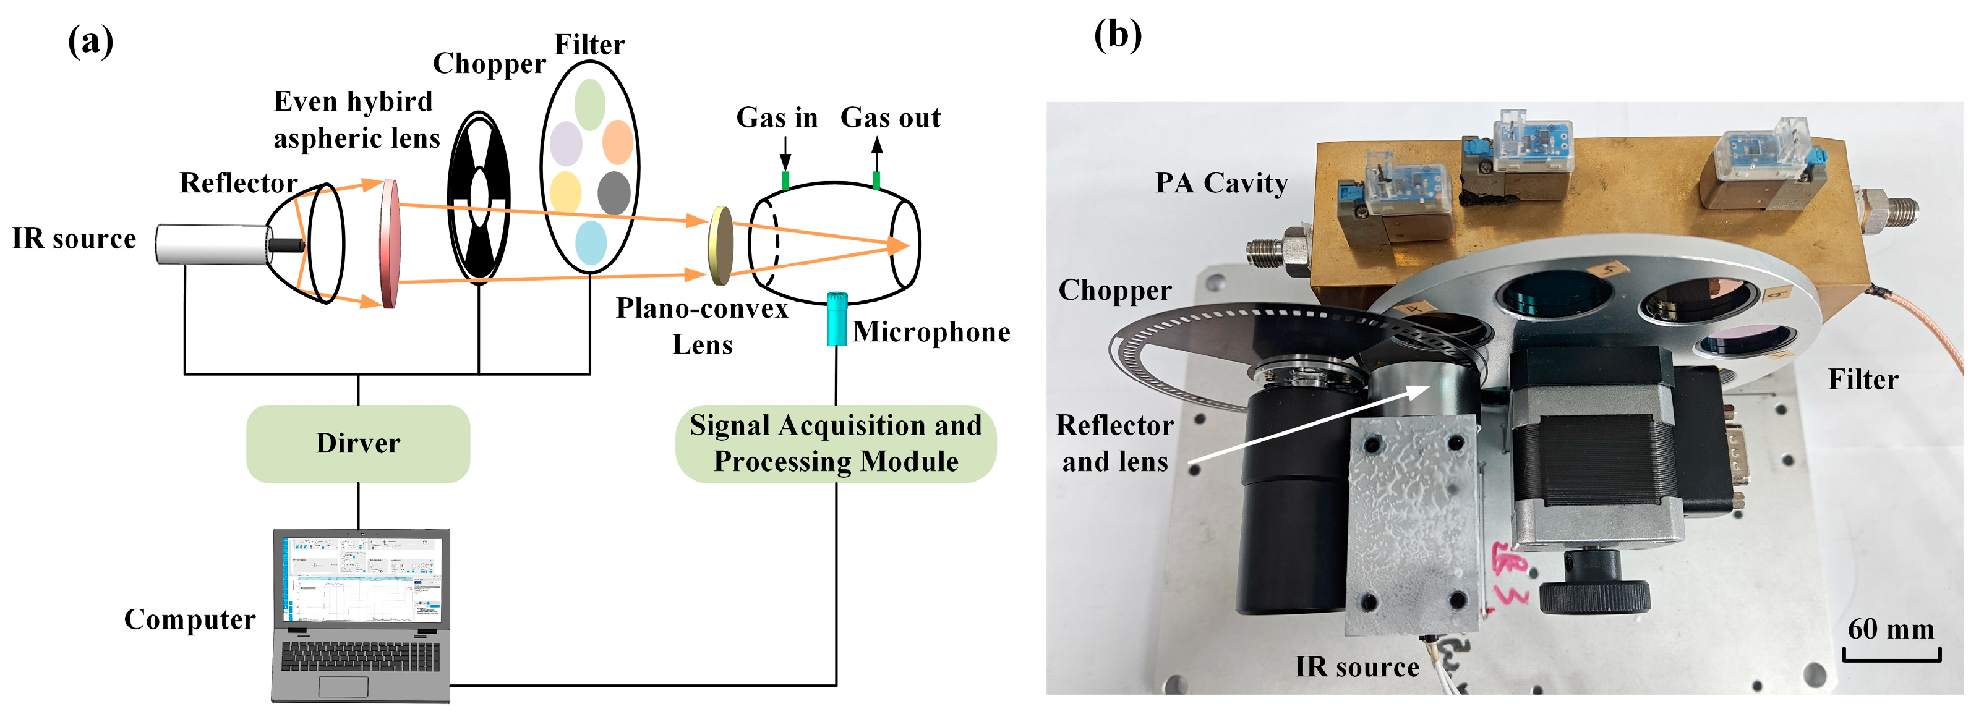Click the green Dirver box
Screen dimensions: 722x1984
tap(357, 443)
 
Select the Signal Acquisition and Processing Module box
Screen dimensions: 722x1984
tap(835, 443)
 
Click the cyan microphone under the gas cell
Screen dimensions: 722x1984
tap(836, 319)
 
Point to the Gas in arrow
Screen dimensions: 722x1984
tap(785, 153)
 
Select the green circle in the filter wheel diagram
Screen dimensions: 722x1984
tap(589, 104)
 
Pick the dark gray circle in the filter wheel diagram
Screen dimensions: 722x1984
tap(614, 192)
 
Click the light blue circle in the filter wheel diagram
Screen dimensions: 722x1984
tap(591, 242)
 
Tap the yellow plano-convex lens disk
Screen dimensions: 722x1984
tap(721, 245)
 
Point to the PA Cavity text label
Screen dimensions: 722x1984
tap(1221, 183)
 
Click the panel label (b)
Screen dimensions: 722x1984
tap(1117, 35)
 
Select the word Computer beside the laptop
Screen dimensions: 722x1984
tap(189, 619)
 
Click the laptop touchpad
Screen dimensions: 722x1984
tap(343, 687)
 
